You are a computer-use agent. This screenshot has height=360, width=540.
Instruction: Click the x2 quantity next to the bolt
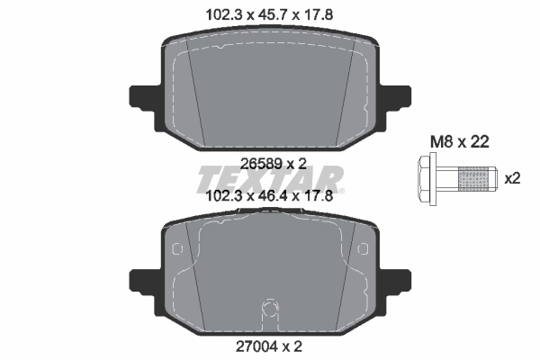[x=512, y=178]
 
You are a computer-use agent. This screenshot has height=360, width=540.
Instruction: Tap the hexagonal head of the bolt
[x=428, y=178]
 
